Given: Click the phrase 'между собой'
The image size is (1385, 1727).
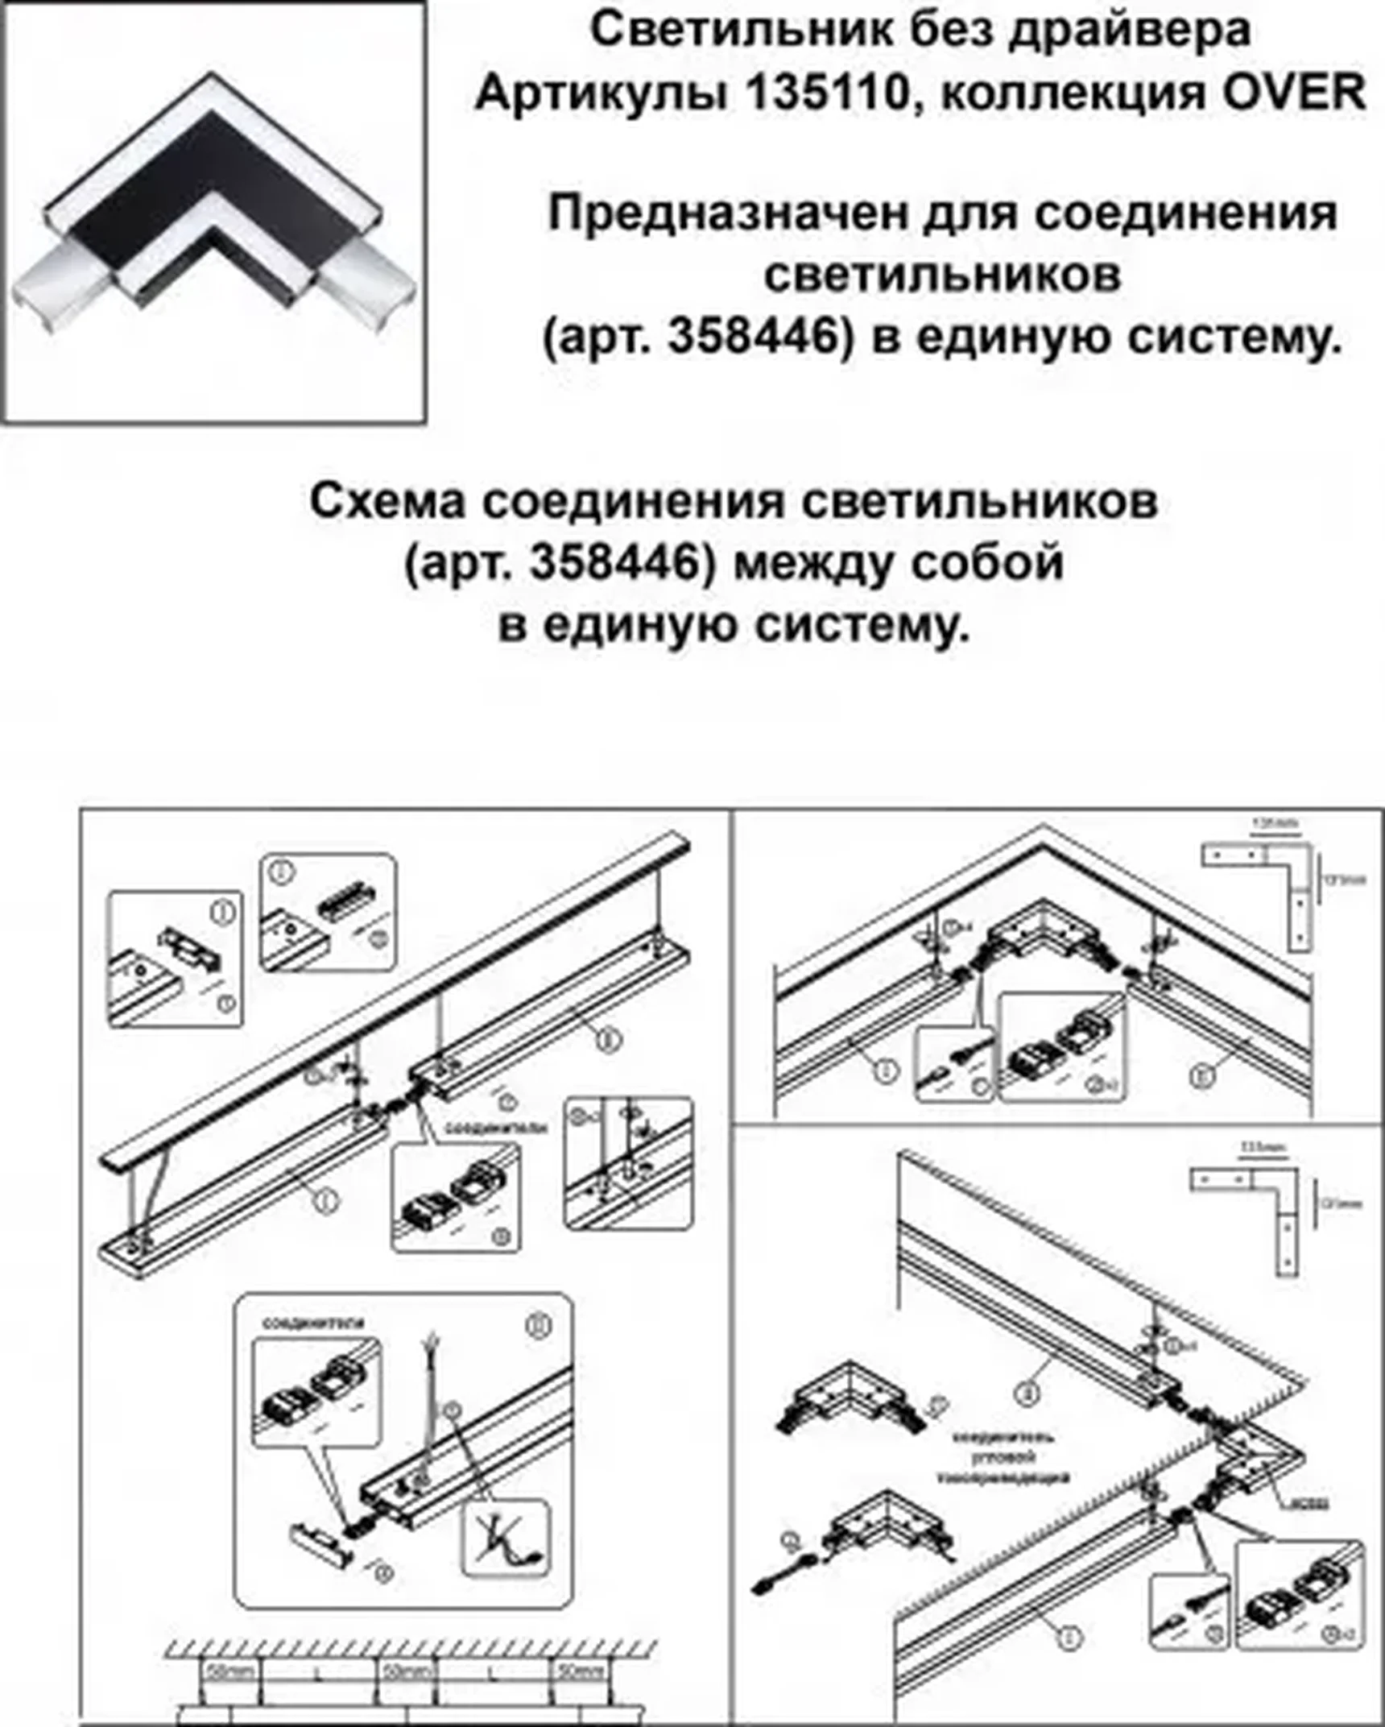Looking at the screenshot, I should pyautogui.click(x=899, y=563).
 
